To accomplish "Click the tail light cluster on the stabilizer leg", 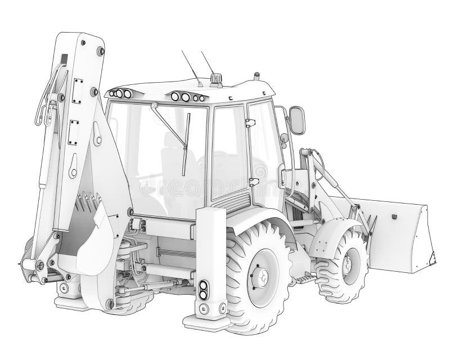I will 203,289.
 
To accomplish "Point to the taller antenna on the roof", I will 189,67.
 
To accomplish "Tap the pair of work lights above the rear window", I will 188,97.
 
